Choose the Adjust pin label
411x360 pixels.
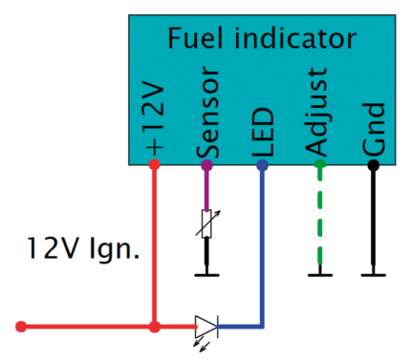click(319, 112)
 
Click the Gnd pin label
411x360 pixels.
click(374, 130)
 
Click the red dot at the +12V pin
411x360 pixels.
click(155, 164)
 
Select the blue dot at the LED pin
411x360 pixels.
click(263, 164)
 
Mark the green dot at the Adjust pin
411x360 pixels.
click(319, 164)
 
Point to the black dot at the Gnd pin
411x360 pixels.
click(374, 164)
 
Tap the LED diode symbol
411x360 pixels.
click(206, 327)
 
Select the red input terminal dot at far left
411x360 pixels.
click(22, 327)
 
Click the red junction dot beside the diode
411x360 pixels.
click(155, 327)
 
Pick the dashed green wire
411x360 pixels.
click(319, 220)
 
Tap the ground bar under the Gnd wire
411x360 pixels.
click(374, 276)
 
